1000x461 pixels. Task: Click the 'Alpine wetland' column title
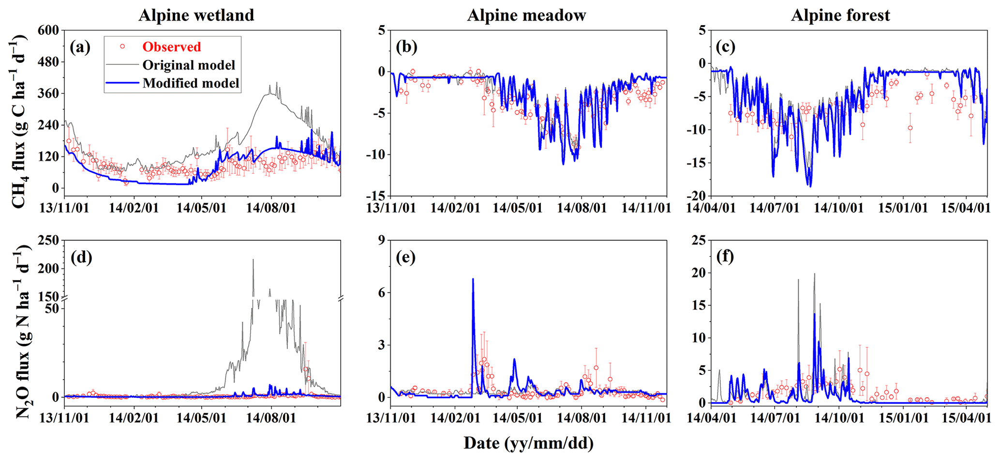[x=196, y=15]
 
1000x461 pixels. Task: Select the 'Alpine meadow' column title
[x=526, y=15]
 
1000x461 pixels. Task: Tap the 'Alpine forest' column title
[x=840, y=15]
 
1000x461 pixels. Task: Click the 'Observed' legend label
[x=171, y=47]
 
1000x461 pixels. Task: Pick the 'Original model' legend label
[x=189, y=65]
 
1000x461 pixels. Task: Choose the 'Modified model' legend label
[x=191, y=83]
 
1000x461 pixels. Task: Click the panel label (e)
[x=405, y=257]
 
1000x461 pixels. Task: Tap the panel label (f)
[x=725, y=257]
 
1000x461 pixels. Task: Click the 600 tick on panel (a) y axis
[x=48, y=30]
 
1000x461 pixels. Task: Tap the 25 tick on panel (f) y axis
[x=698, y=240]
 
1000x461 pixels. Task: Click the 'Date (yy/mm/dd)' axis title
[x=528, y=443]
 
